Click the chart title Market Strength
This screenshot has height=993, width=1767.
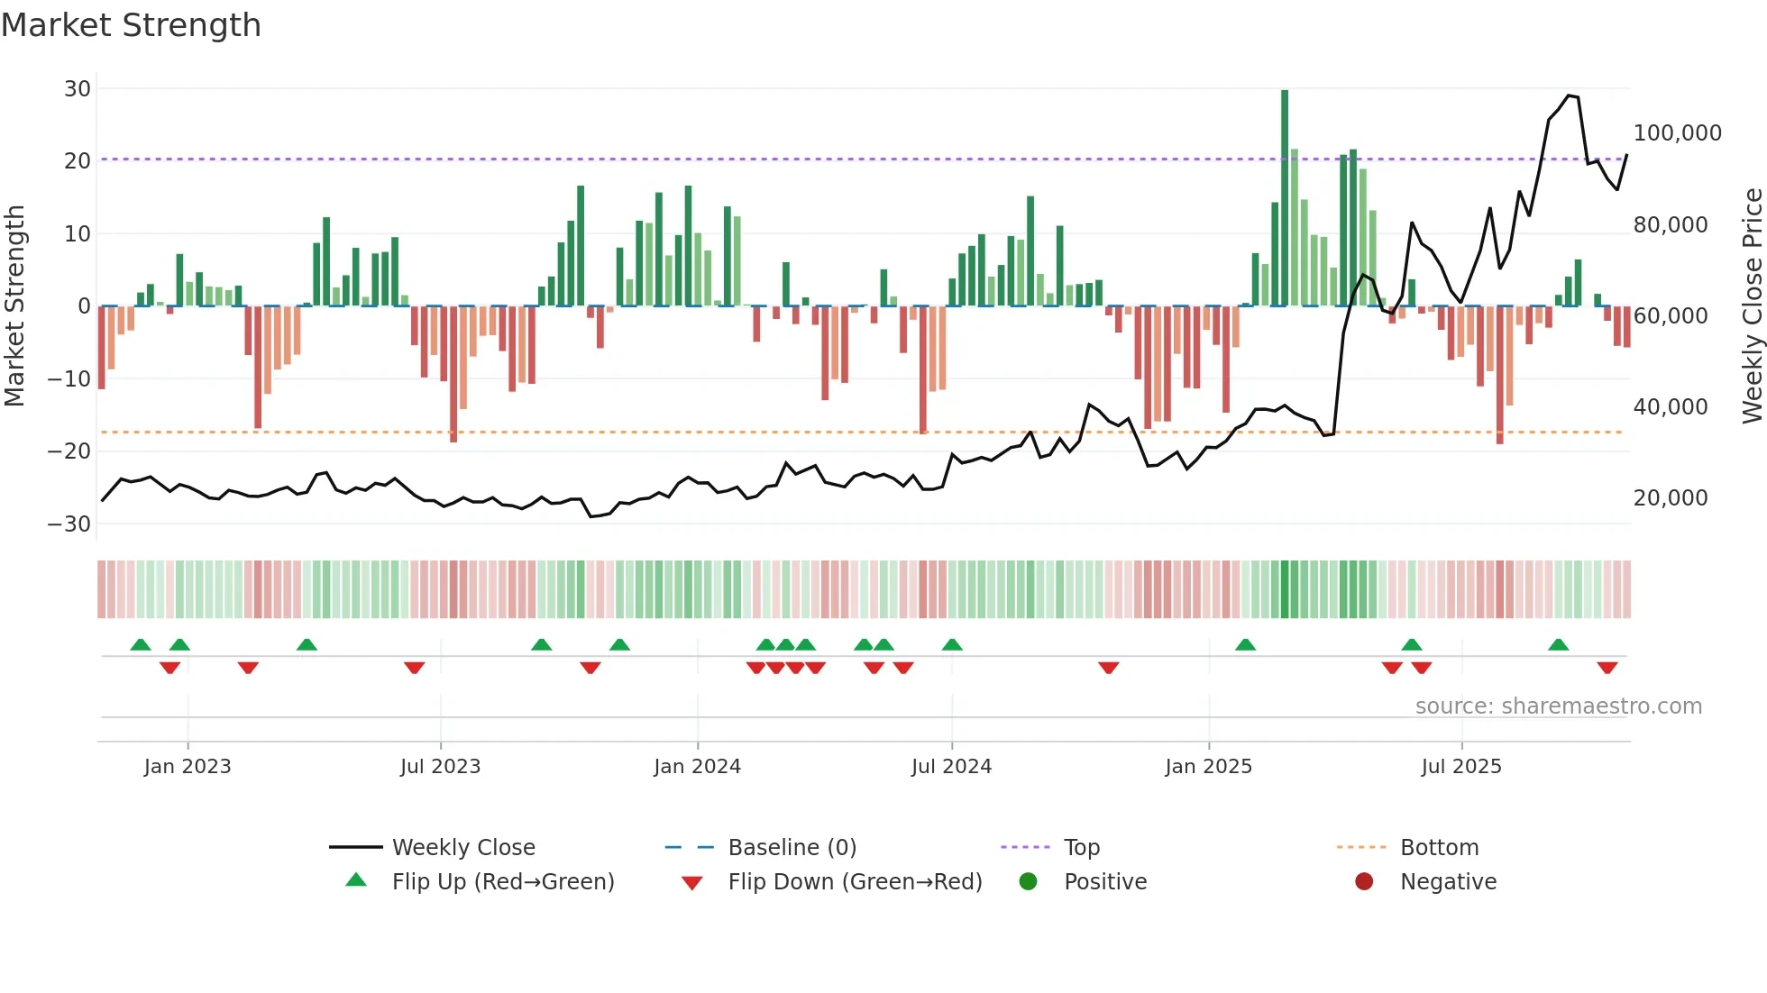tap(131, 25)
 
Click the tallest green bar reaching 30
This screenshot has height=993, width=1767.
tap(1285, 198)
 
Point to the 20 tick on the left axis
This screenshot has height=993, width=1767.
tap(78, 161)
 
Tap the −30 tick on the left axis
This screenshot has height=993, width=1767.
tap(69, 524)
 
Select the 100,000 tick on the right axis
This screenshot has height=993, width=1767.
tap(1677, 133)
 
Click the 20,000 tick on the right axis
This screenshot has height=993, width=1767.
tap(1671, 498)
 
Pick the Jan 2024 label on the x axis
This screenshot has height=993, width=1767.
tap(697, 767)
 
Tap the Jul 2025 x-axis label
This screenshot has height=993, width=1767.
tap(1461, 767)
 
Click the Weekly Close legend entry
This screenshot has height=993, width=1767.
tap(463, 848)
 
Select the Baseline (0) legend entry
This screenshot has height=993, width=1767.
tap(792, 848)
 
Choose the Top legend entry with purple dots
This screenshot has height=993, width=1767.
tap(1081, 848)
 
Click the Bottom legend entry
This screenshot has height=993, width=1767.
tap(1439, 848)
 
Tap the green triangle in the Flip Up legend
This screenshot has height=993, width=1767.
tap(356, 880)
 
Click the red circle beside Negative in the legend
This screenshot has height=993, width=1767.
tap(1364, 881)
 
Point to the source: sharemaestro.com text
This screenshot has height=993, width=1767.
tap(1558, 706)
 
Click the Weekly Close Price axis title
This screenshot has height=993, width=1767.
tap(1752, 306)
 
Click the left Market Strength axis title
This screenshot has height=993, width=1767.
tap(15, 306)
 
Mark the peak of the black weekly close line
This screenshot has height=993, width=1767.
tap(1569, 95)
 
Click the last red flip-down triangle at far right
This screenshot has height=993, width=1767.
tap(1607, 668)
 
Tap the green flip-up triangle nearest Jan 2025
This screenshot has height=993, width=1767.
tap(1245, 644)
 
